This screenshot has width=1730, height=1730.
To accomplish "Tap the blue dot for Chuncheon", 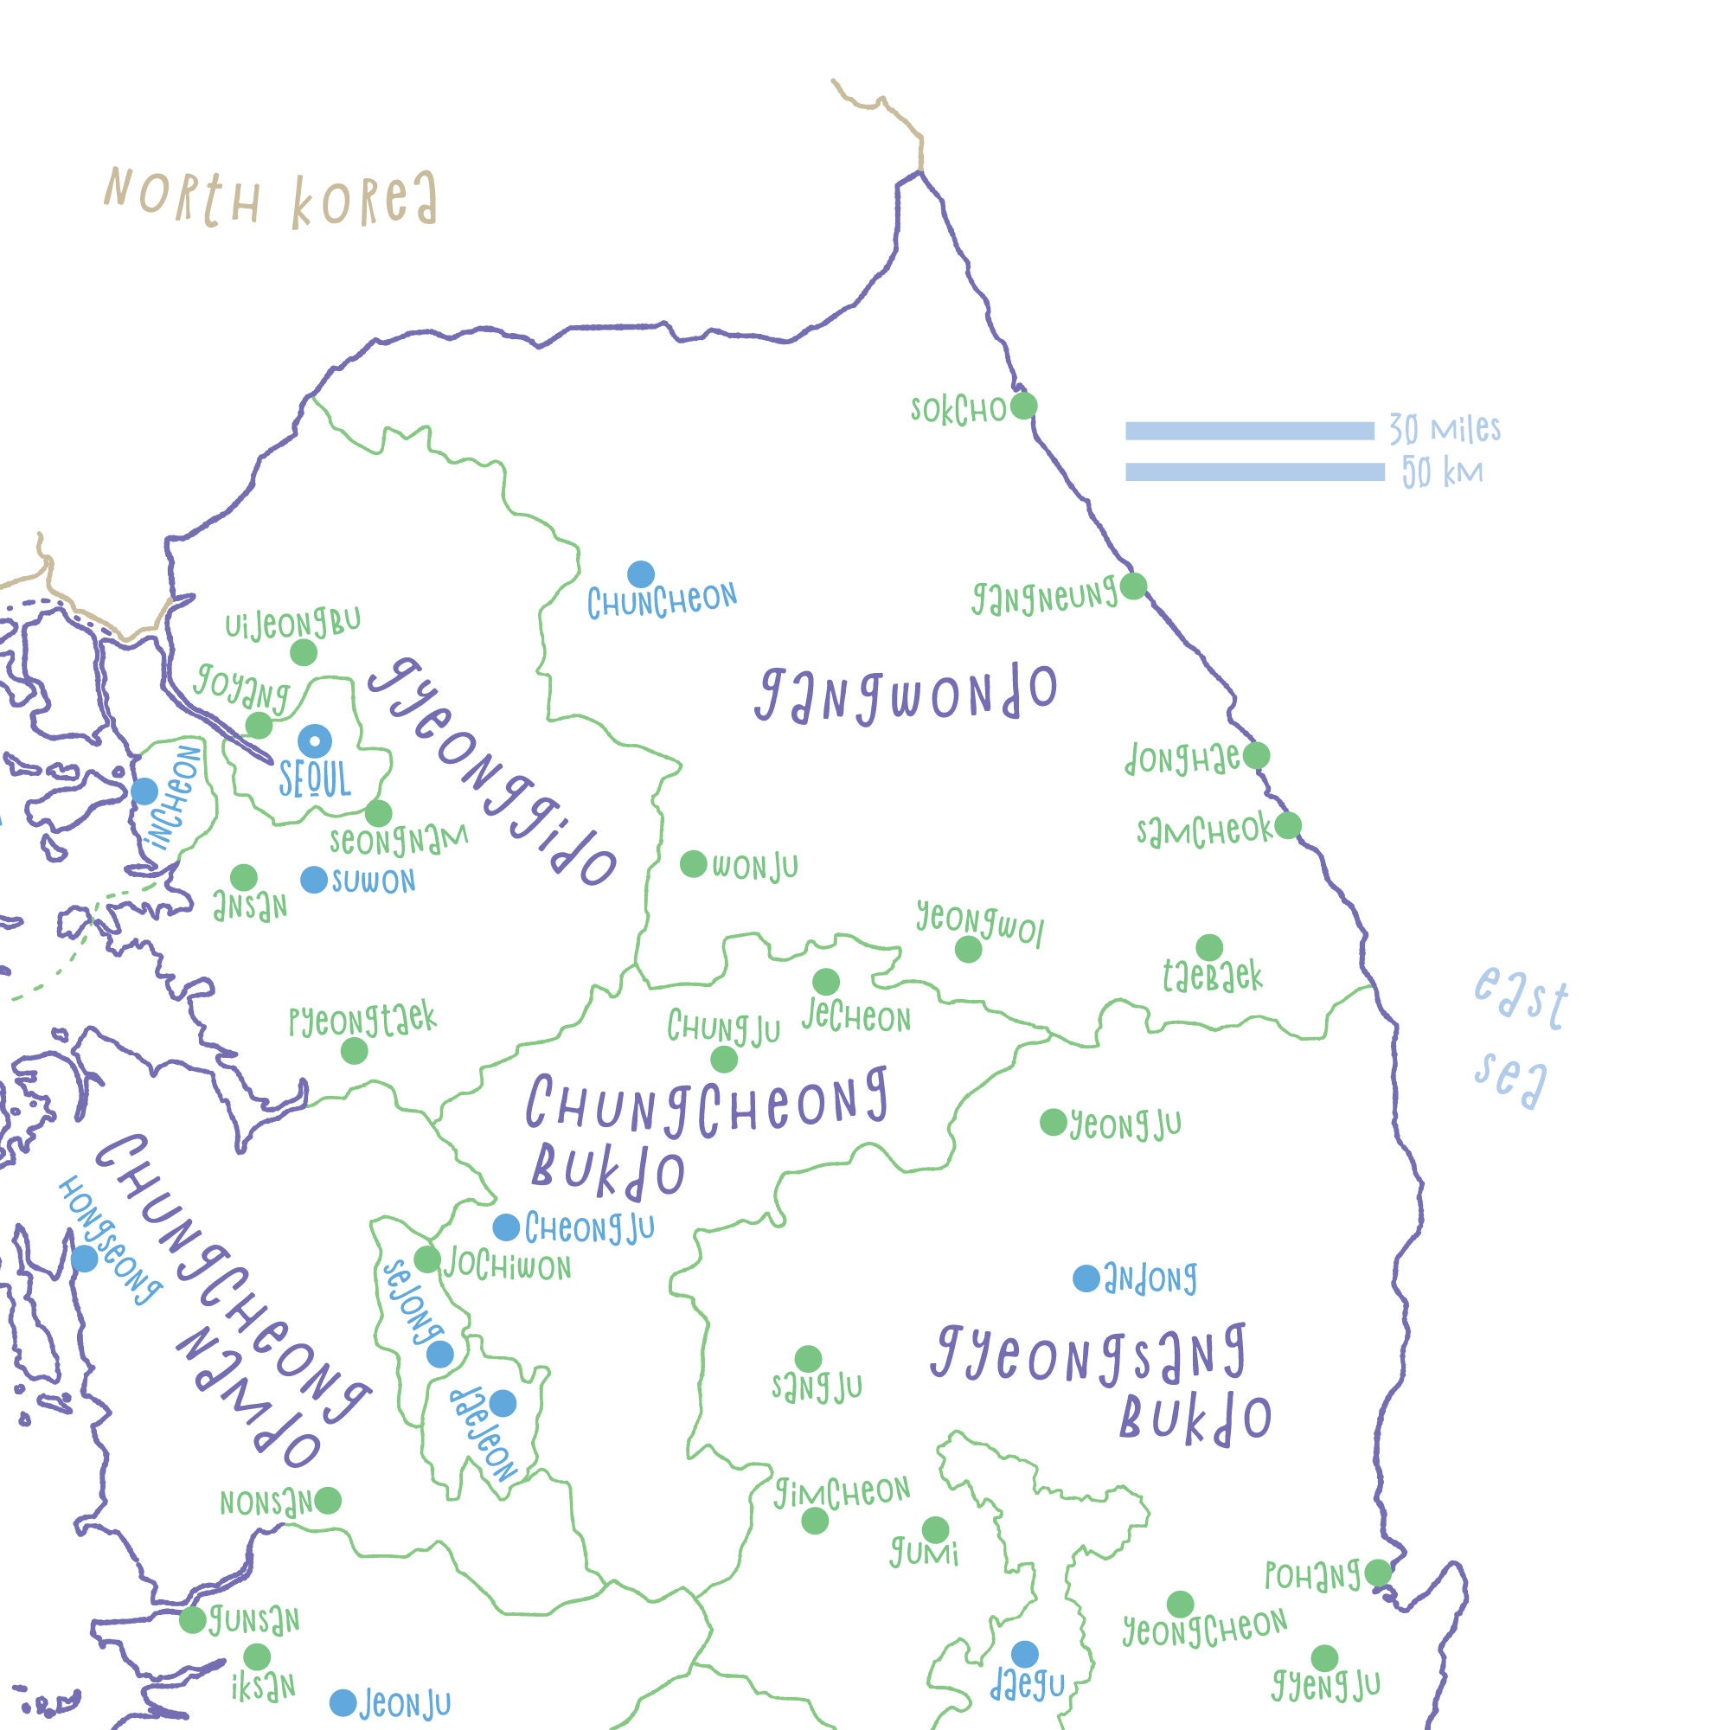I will [x=640, y=574].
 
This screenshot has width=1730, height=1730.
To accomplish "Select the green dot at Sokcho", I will [x=1023, y=406].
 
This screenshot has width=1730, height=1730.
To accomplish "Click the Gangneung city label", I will [x=1044, y=596].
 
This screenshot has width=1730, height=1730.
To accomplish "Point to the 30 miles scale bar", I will [x=1249, y=432].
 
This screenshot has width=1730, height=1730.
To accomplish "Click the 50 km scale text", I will [x=1442, y=472].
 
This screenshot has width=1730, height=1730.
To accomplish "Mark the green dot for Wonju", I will [x=693, y=864].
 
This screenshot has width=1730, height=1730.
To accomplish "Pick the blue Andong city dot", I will [x=1086, y=1278].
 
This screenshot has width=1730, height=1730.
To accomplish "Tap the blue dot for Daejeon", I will [x=503, y=1403].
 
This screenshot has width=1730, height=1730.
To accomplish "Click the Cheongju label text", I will [x=589, y=1228].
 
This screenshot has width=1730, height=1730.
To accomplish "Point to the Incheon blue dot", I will [x=144, y=791].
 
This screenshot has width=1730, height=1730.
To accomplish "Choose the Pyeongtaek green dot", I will [x=354, y=1051].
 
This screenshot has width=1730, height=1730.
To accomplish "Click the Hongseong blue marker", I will [x=84, y=1258].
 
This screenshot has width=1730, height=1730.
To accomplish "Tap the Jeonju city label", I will [x=405, y=1704].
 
